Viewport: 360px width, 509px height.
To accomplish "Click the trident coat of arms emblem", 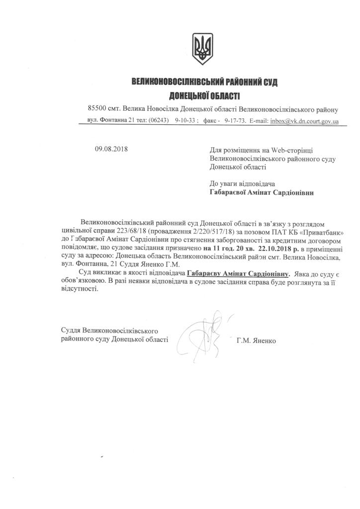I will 203,48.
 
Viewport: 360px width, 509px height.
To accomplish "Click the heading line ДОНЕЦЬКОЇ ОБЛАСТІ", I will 203,95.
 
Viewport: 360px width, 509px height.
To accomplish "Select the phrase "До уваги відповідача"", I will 243,183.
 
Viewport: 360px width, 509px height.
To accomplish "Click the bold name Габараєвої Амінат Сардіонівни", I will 262,192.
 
